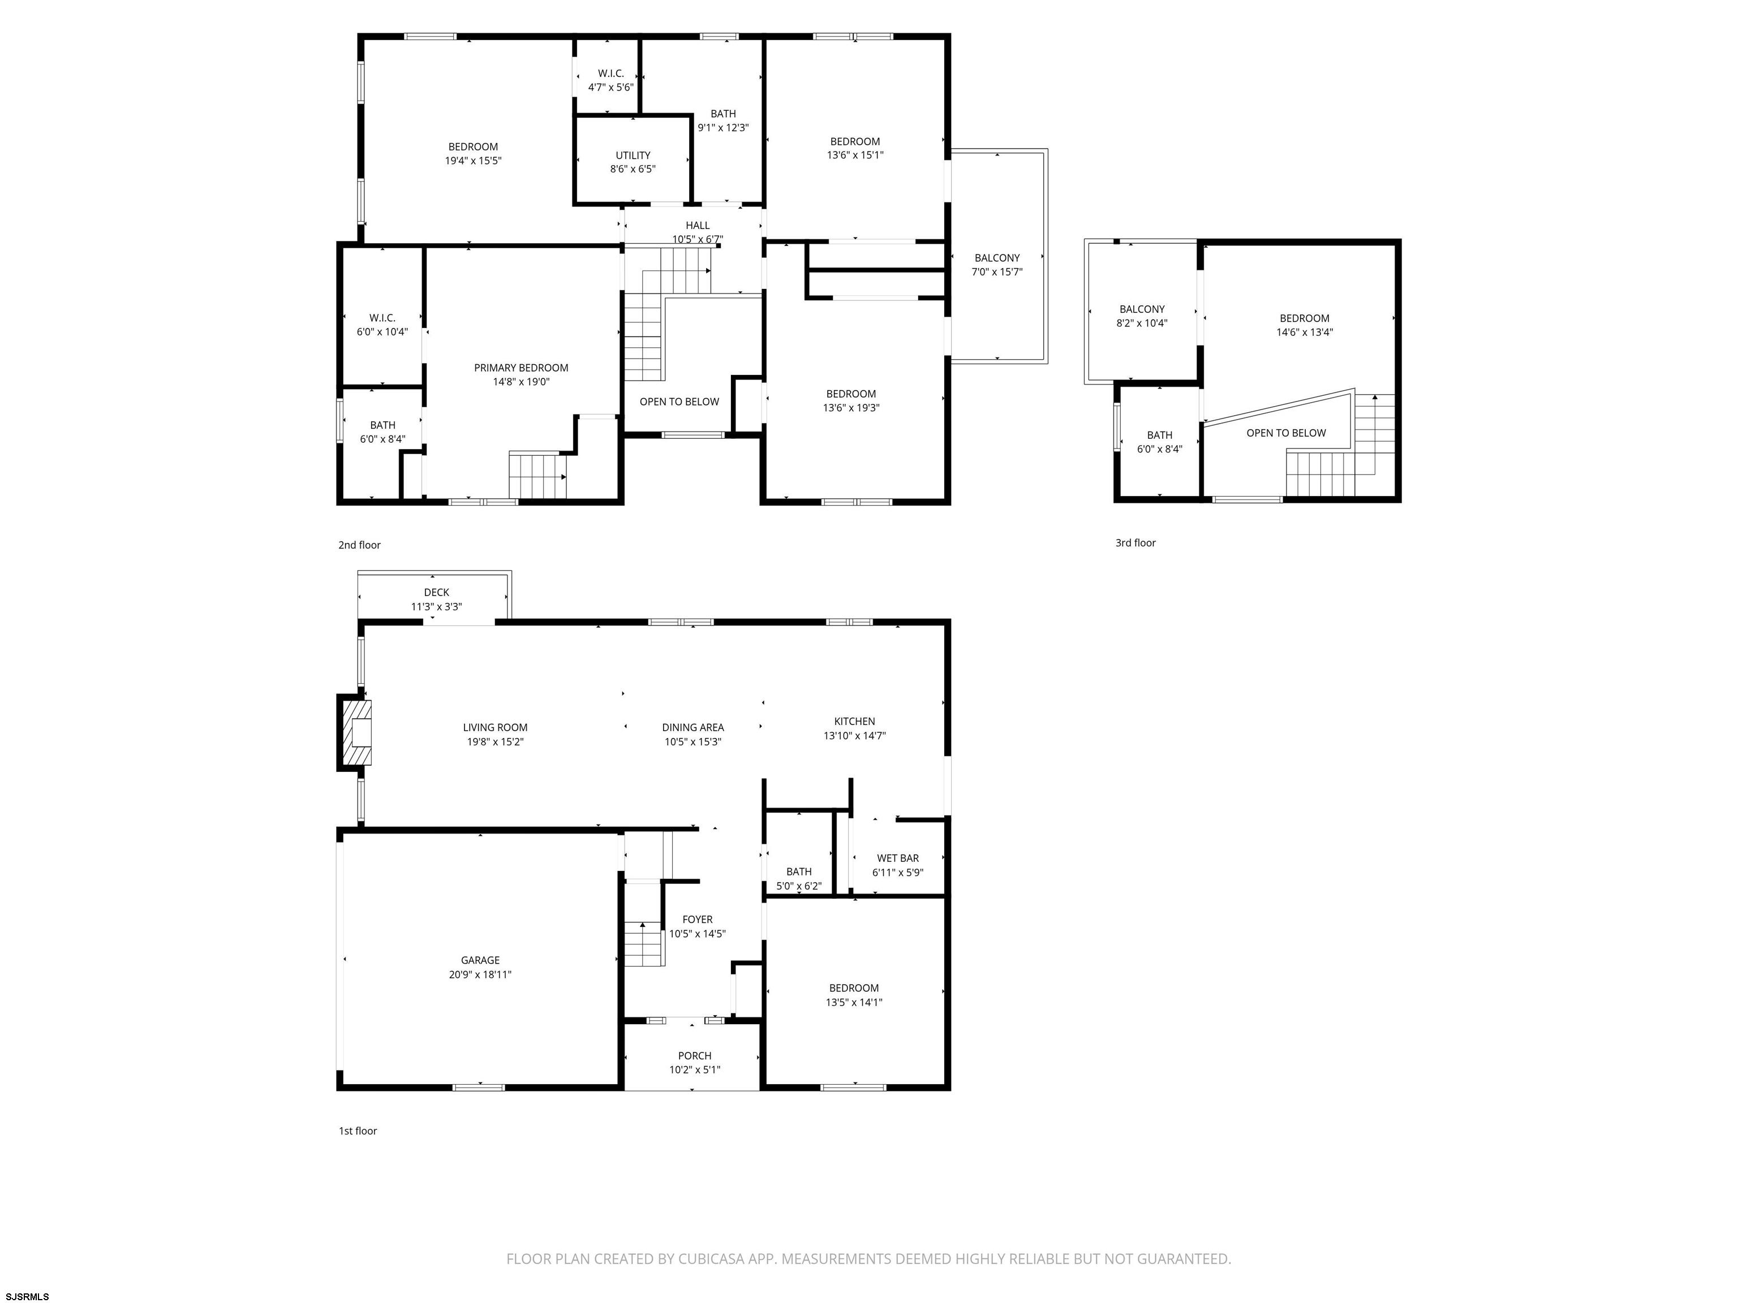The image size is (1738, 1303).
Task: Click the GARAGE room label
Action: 480,960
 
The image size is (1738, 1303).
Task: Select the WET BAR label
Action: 897,858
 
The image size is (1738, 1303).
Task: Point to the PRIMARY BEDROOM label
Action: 521,368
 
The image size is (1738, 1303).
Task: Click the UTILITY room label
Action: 633,156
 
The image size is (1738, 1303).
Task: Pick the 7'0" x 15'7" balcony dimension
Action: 997,272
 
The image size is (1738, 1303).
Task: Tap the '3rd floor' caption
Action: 1135,543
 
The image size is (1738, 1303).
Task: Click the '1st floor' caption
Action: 358,1131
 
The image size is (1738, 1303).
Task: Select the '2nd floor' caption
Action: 359,545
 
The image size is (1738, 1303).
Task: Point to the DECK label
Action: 437,592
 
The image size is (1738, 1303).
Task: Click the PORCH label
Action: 695,1056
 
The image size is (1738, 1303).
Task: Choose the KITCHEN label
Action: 854,721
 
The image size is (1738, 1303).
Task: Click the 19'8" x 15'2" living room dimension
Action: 495,741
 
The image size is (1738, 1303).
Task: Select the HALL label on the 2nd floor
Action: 697,226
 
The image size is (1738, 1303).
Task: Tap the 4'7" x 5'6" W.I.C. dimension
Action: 610,87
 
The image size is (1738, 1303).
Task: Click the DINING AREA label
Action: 693,727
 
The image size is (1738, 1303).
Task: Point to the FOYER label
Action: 697,919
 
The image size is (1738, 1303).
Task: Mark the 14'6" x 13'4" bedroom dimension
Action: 1304,332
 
